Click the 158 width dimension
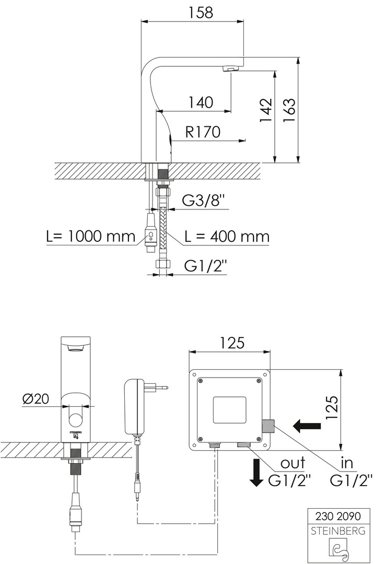[201, 12]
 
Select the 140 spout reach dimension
[201, 102]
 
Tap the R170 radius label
[203, 132]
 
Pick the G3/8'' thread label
[205, 201]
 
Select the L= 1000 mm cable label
[91, 237]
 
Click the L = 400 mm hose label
[227, 237]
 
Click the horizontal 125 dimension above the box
[232, 343]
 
